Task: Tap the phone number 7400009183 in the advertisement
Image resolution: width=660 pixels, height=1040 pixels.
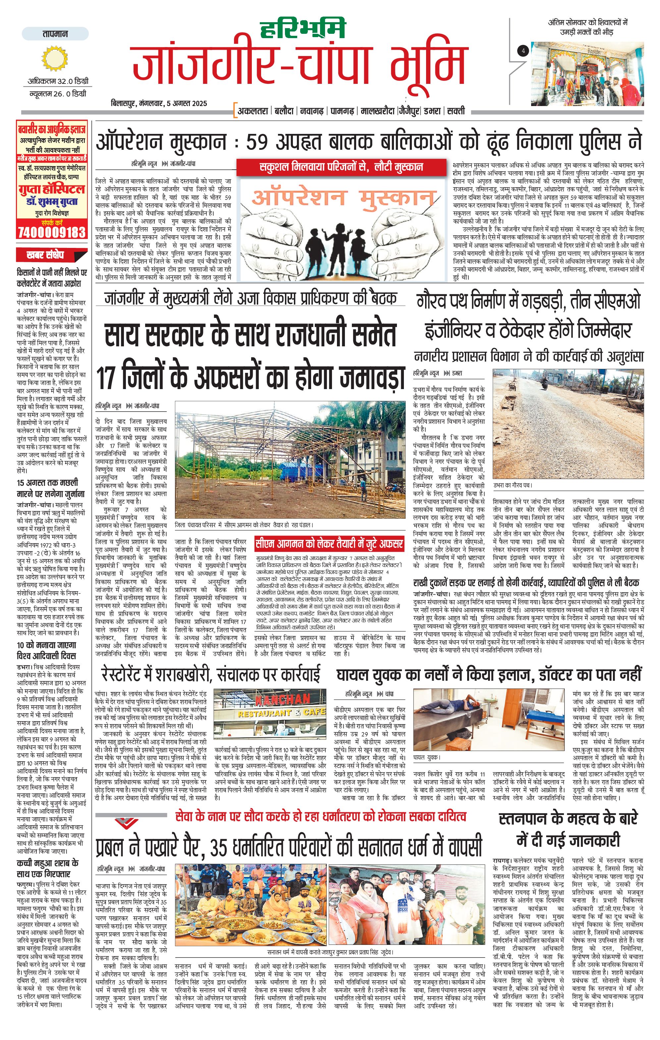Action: pos(52,232)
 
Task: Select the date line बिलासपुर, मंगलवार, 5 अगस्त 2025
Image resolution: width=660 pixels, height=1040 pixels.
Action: pos(159,103)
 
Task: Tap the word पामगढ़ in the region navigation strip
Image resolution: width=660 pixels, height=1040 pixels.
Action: pos(342,111)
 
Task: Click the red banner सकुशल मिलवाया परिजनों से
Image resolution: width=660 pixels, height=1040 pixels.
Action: pos(341,167)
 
